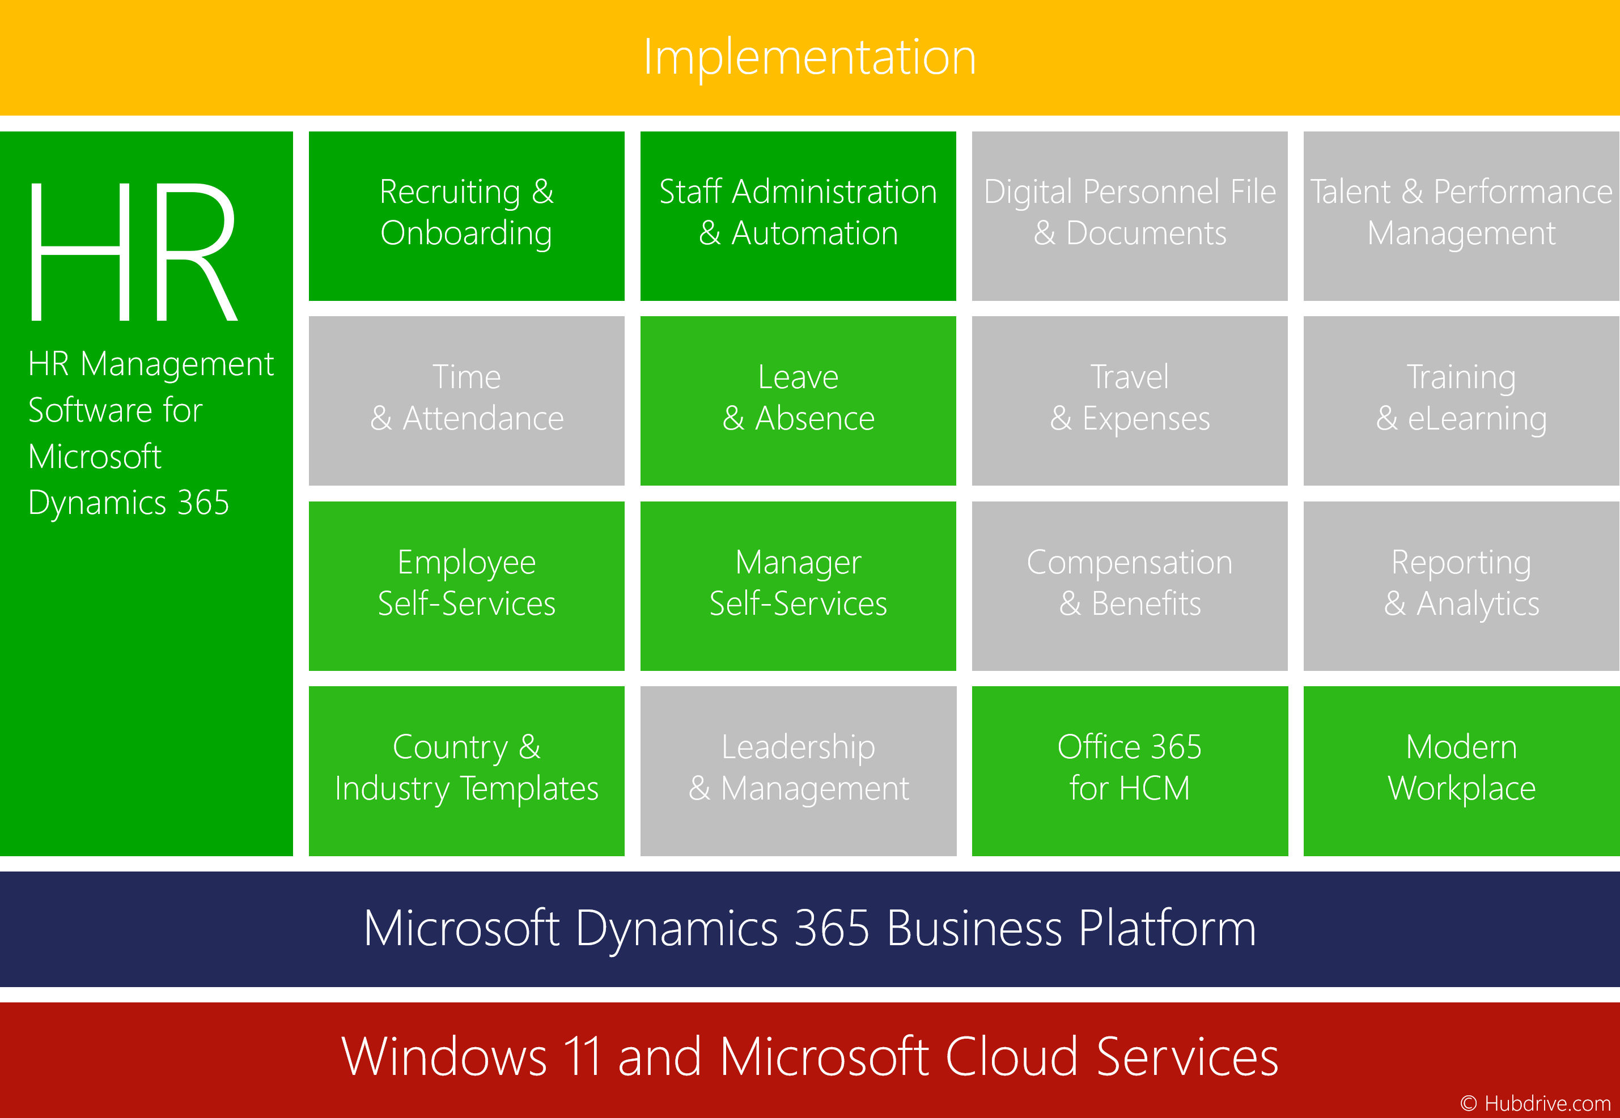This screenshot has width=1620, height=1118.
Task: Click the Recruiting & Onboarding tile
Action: click(x=467, y=216)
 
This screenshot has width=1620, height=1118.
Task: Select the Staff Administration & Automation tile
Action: click(x=798, y=216)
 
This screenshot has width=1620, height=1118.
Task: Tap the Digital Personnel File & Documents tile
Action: click(x=1130, y=216)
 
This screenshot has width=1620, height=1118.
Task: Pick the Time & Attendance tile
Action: click(x=467, y=401)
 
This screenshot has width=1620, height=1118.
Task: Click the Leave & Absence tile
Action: click(x=798, y=401)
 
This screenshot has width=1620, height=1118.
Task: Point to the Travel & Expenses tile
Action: click(x=1130, y=401)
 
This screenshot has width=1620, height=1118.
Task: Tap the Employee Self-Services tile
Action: click(x=467, y=585)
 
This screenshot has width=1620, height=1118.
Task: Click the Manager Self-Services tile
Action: click(x=798, y=585)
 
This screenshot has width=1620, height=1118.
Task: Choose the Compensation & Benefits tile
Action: click(x=1130, y=585)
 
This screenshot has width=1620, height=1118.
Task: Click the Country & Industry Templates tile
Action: click(x=467, y=771)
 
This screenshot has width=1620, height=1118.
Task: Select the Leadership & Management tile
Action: click(x=798, y=771)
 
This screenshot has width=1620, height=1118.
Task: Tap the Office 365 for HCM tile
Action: click(x=1130, y=771)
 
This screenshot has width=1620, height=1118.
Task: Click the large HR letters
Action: click(x=133, y=251)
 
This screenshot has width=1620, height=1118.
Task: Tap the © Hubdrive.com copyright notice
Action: click(x=1535, y=1103)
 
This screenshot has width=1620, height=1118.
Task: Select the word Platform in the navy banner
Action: click(x=1167, y=929)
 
